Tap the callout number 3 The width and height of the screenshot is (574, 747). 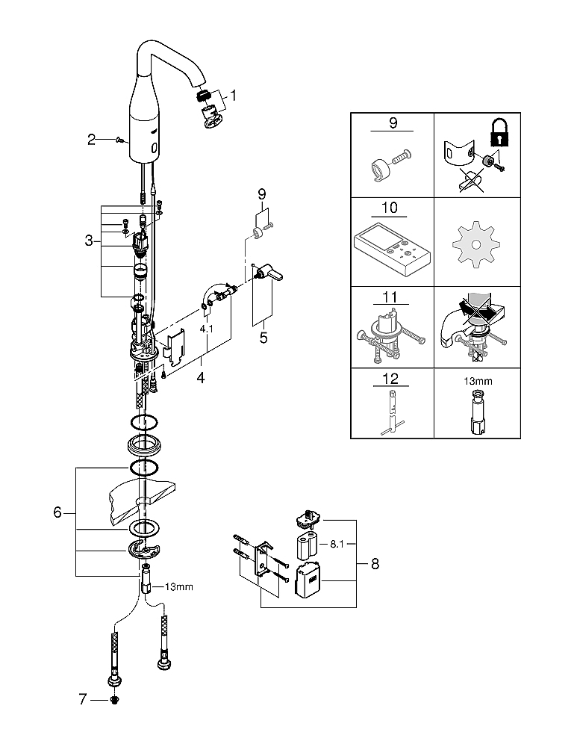tap(89, 241)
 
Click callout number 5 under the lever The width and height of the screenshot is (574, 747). tap(263, 337)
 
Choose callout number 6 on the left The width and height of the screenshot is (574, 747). tap(57, 513)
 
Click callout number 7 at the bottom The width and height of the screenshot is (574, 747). tap(84, 699)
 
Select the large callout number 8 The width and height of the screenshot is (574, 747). tap(375, 564)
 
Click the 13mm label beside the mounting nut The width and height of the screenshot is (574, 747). tap(179, 586)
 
